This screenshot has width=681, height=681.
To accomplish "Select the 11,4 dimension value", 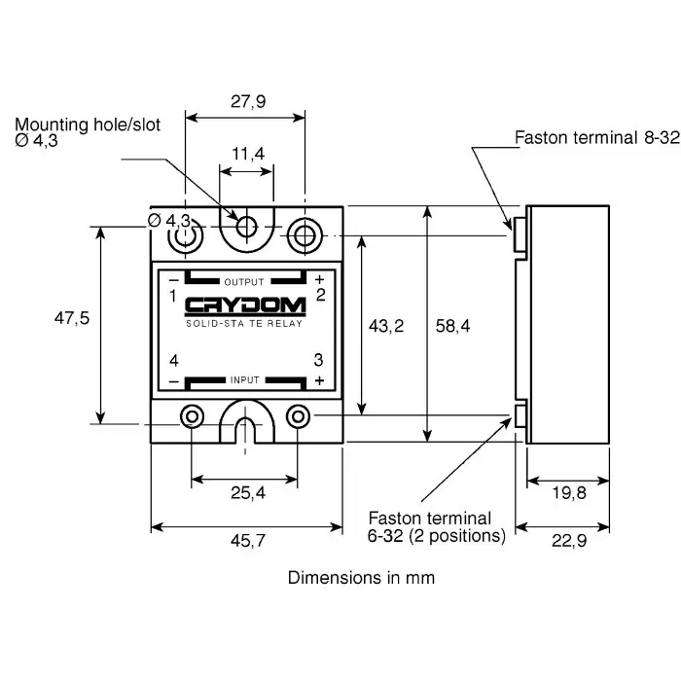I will [247, 154].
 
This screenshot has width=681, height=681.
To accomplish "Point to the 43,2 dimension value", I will [385, 326].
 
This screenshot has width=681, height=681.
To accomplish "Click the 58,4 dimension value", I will [451, 326].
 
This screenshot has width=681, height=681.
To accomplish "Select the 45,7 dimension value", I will [246, 543].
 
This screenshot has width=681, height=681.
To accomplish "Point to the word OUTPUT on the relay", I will [244, 282].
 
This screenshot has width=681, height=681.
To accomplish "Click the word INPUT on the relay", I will [245, 379].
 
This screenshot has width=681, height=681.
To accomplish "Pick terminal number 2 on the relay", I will [320, 294].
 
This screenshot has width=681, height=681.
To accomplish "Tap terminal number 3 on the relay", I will [318, 360].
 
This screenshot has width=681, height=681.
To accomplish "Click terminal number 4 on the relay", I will [173, 360].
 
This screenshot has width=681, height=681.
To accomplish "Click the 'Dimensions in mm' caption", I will [361, 577].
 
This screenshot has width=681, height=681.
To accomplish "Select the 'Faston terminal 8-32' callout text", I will [596, 138].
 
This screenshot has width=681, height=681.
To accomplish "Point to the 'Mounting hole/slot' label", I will [88, 125].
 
